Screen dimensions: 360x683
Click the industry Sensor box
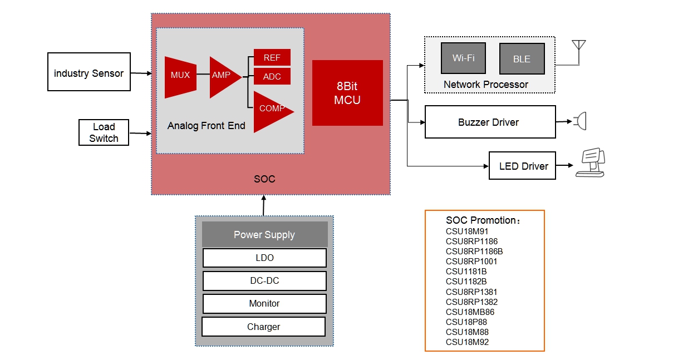coord(89,72)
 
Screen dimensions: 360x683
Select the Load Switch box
coord(104,133)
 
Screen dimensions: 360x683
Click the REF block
coord(272,58)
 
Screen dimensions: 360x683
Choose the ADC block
coord(272,77)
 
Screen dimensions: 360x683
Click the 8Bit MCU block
coord(347,93)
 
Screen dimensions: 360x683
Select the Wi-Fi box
coord(463,58)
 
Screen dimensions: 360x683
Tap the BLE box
coord(522,59)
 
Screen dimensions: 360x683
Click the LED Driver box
coord(522,166)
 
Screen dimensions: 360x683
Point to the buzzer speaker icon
coord(581,121)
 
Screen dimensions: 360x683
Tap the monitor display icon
coord(591,164)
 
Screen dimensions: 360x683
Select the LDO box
coord(264,258)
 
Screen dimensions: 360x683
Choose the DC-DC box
coord(264,281)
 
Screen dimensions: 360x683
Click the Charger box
coord(263,327)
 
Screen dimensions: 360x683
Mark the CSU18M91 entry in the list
coord(467,231)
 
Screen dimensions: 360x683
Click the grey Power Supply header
coord(264,235)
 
